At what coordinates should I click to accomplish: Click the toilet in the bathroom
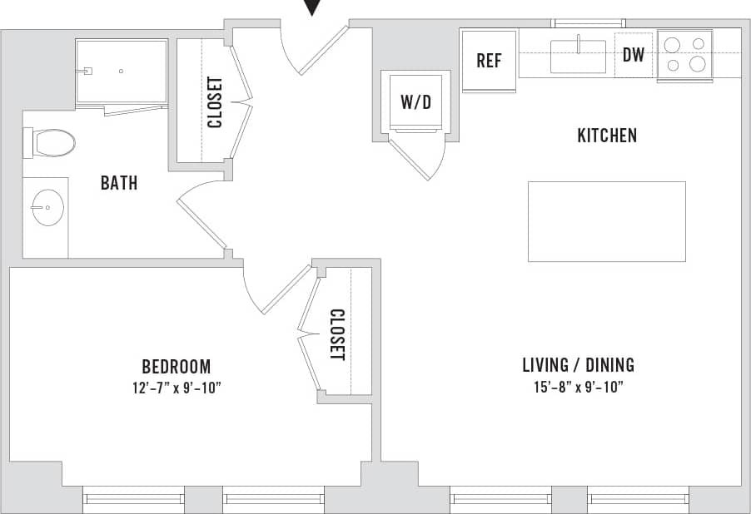pyautogui.click(x=52, y=143)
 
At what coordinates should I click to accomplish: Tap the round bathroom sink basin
pyautogui.click(x=47, y=207)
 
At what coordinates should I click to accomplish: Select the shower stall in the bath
pyautogui.click(x=122, y=72)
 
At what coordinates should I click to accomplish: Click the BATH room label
pyautogui.click(x=119, y=183)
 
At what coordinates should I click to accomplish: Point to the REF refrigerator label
pyautogui.click(x=489, y=62)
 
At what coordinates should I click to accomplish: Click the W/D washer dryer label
pyautogui.click(x=416, y=102)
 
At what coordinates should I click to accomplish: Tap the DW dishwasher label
pyautogui.click(x=634, y=56)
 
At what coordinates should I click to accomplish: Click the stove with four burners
pyautogui.click(x=685, y=55)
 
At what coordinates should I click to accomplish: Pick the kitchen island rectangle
pyautogui.click(x=606, y=221)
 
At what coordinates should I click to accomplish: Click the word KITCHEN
pyautogui.click(x=607, y=135)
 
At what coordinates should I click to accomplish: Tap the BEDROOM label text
pyautogui.click(x=176, y=366)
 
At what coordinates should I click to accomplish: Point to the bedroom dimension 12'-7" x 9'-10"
pyautogui.click(x=176, y=387)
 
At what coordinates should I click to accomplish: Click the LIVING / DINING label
pyautogui.click(x=578, y=364)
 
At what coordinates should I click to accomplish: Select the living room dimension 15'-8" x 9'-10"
pyautogui.click(x=578, y=387)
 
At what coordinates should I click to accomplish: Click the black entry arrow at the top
pyautogui.click(x=312, y=7)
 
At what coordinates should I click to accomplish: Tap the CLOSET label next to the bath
pyautogui.click(x=215, y=102)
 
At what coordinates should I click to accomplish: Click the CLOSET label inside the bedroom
pyautogui.click(x=337, y=335)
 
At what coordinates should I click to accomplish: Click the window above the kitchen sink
pyautogui.click(x=589, y=22)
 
